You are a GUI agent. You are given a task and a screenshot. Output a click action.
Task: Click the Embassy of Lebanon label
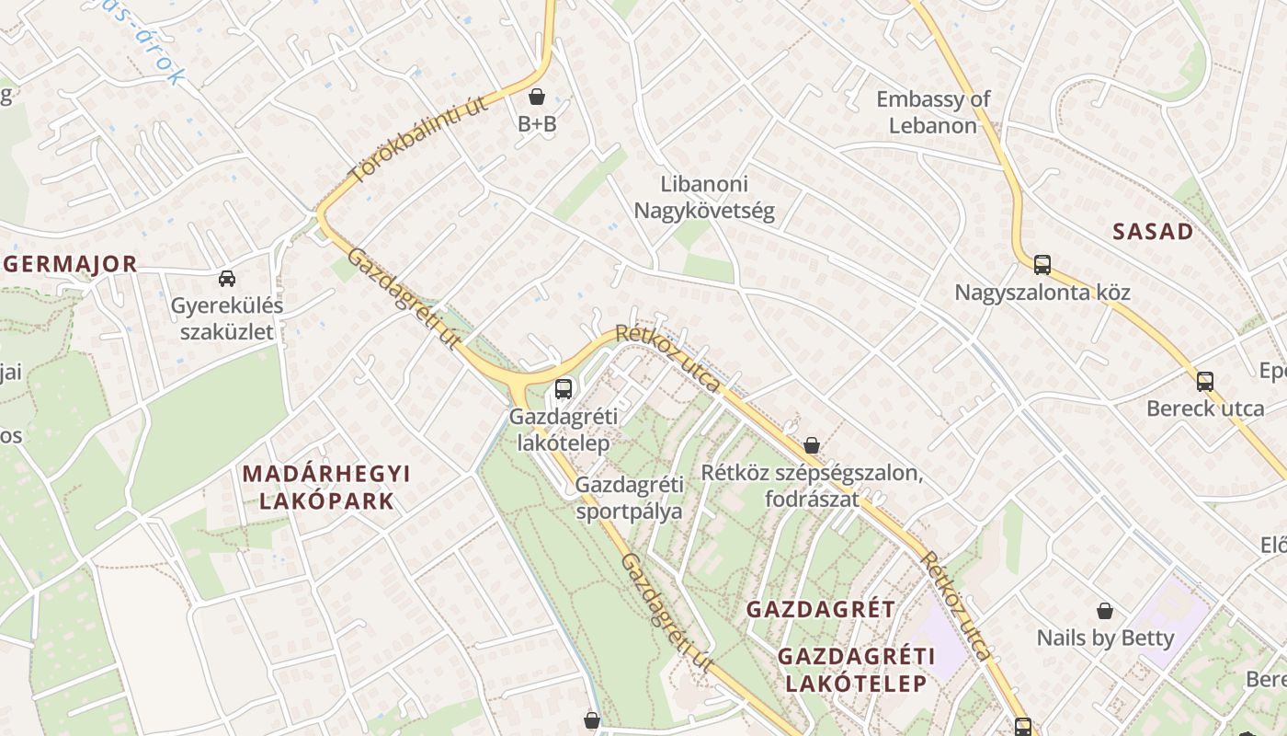[932, 112]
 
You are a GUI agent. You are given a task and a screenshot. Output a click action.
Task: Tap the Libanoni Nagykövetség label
[704, 198]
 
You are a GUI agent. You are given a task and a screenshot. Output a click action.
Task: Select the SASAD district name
[1153, 232]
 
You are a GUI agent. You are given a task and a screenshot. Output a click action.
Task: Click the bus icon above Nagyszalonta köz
[1042, 265]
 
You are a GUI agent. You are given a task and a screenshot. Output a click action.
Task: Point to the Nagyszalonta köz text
[1042, 293]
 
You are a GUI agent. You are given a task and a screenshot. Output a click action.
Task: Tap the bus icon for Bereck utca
[1204, 381]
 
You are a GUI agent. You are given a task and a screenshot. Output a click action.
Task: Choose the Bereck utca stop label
[1204, 408]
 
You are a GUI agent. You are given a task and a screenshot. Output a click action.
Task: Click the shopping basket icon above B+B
[537, 97]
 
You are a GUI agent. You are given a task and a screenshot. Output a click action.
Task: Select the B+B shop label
[537, 124]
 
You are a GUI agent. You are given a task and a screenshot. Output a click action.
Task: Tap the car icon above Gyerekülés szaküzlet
[226, 278]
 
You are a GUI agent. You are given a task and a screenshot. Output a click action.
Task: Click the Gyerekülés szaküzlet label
[226, 318]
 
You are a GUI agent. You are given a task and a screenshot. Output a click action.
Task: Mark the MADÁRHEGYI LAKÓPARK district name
[326, 488]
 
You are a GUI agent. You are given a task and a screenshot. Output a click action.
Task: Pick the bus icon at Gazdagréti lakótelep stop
[564, 389]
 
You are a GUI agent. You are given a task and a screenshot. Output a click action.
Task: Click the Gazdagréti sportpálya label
[630, 497]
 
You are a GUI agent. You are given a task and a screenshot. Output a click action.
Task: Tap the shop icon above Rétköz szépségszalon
[811, 445]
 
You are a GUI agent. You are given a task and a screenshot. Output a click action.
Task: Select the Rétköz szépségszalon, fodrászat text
[811, 486]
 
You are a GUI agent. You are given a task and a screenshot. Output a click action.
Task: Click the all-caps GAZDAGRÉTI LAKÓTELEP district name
[855, 670]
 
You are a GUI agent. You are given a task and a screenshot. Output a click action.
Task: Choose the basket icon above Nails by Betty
[1105, 611]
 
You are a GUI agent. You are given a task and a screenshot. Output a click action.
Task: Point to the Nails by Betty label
[1105, 638]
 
